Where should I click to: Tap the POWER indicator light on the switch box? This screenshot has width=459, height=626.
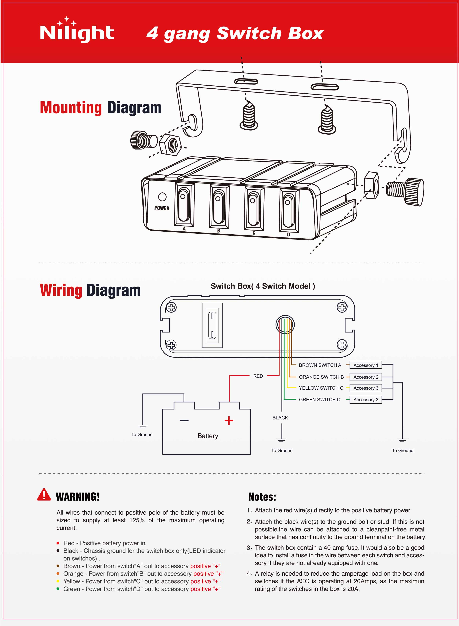point(162,197)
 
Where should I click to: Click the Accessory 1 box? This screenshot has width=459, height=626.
point(365,365)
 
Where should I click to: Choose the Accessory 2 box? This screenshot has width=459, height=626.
point(365,377)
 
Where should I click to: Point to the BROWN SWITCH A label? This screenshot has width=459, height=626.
point(320,365)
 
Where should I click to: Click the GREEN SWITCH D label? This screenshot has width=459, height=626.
point(319,400)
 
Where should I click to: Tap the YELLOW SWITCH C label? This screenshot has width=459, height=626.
point(321,388)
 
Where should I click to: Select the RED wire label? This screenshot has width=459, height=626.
point(258,376)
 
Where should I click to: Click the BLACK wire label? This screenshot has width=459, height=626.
point(280,418)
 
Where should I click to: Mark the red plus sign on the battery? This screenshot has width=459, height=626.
point(229,421)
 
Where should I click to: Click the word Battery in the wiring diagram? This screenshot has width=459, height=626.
point(208,436)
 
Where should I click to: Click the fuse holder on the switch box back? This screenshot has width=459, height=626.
point(212,325)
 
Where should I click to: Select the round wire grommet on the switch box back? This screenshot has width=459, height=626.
point(285,324)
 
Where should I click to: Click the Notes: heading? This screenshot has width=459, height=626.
point(262,497)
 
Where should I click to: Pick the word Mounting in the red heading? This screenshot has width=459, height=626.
point(71,108)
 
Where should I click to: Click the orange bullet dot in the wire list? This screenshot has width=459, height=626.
point(58,573)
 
